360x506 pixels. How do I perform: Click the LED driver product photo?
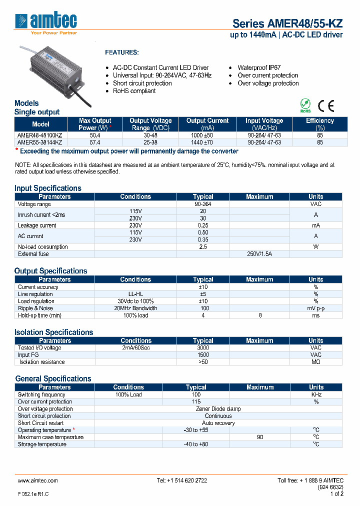(54, 73)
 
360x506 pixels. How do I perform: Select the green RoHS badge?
(305, 106)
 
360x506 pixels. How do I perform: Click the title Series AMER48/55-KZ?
(287, 24)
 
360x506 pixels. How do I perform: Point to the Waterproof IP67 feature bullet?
(258, 67)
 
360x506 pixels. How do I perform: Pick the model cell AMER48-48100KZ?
(40, 135)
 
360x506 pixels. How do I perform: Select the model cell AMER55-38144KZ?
(40, 142)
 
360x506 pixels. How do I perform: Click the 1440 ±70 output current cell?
(207, 142)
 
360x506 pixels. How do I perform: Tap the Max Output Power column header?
(95, 124)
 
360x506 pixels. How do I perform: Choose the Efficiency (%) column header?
(319, 124)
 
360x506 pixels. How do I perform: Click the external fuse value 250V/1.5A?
(259, 254)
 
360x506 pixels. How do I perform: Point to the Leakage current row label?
(37, 225)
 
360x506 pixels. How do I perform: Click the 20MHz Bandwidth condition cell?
(135, 308)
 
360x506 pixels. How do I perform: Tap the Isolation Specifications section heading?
(54, 332)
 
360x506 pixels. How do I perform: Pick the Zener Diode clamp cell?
(218, 408)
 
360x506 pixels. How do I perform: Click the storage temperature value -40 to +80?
(195, 444)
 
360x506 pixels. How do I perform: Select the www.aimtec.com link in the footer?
(38, 480)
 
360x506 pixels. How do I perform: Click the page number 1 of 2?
(336, 493)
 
